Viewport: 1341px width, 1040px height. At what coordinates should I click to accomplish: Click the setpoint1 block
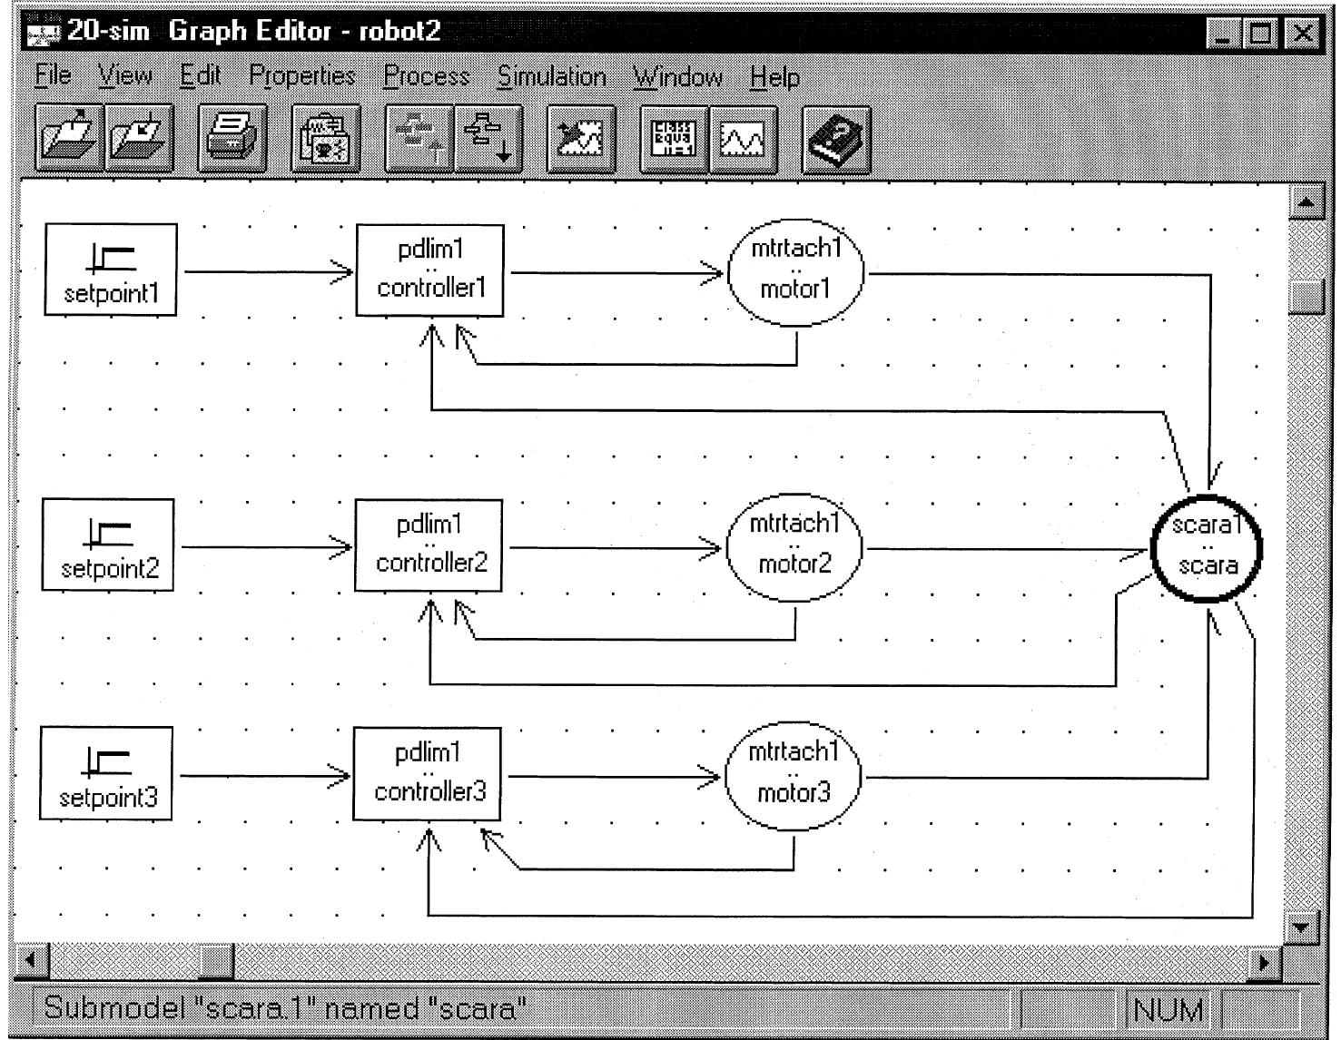tap(111, 270)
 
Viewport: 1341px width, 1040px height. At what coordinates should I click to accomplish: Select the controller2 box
tap(429, 545)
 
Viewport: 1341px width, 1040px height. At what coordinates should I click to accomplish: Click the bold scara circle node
tap(1207, 547)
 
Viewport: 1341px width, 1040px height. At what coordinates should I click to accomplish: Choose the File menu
tap(53, 76)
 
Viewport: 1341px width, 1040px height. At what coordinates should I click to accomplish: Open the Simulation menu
tap(551, 76)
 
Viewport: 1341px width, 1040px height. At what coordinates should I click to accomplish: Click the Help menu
tap(774, 76)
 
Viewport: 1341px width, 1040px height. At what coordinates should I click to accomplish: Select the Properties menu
tap(302, 76)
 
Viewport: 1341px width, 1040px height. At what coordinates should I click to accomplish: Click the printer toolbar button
tap(232, 139)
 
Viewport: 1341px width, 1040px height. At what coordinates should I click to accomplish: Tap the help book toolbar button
tap(836, 139)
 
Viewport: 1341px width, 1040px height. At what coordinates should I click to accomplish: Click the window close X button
tap(1303, 34)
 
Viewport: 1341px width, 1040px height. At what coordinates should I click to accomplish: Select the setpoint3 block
tap(107, 773)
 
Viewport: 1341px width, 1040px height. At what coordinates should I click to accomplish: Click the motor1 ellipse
tap(795, 270)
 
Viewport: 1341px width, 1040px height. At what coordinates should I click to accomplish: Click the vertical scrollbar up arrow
tap(1306, 201)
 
